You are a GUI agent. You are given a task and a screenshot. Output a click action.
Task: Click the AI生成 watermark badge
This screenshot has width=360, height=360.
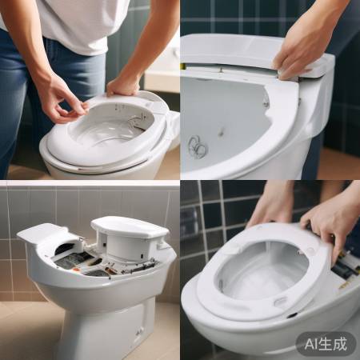[326, 344]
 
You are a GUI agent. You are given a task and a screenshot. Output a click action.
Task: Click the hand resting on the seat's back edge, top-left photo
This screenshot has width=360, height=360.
[124, 85]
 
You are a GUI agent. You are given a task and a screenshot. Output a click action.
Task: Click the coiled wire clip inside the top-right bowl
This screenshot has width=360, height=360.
[198, 147]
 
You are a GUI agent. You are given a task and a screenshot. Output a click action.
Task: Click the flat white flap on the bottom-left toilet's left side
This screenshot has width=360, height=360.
[37, 234]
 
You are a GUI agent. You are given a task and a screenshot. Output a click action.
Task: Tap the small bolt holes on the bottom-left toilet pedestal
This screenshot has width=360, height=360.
[139, 330]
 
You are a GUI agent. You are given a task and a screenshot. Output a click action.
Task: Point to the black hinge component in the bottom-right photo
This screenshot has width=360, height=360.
[345, 269]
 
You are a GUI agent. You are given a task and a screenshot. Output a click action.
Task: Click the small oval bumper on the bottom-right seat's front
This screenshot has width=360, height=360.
[280, 302]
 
